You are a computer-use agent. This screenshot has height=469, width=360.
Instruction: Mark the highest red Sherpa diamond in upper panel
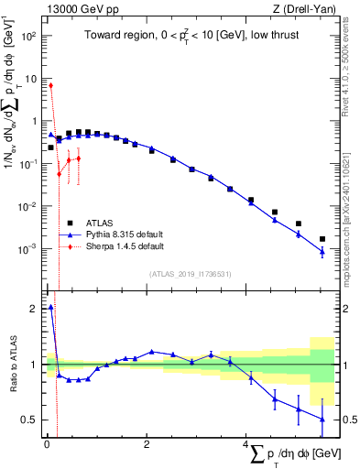[x=50, y=85]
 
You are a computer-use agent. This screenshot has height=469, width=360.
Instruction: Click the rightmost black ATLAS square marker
[x=322, y=239]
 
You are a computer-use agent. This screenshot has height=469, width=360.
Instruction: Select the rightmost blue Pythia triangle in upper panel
[x=322, y=252]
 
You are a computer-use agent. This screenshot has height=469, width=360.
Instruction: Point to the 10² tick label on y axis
[x=29, y=36]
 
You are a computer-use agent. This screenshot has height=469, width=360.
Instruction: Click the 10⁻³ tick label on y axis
[x=29, y=249]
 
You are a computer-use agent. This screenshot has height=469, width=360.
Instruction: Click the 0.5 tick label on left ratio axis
[x=30, y=420]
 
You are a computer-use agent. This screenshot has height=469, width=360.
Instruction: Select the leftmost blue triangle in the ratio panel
[x=50, y=308]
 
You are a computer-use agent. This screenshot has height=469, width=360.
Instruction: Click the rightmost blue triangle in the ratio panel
[x=322, y=419]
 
